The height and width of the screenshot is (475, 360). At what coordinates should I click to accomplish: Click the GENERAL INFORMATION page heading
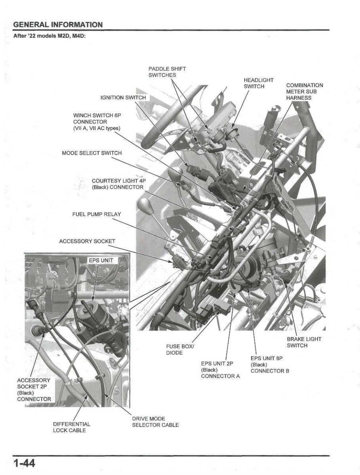(58, 25)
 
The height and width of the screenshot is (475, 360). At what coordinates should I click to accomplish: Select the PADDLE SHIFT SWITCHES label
(167, 72)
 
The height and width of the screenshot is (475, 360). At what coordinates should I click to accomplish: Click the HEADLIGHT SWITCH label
(258, 83)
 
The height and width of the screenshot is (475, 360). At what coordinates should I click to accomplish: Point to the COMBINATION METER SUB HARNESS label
(304, 91)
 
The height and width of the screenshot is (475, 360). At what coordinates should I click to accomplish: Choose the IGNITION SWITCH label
(123, 97)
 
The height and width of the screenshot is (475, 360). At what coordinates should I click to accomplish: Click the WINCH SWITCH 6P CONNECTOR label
(97, 122)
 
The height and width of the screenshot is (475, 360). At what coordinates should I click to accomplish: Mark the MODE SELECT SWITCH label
(92, 153)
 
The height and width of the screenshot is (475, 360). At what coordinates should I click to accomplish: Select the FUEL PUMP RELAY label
(97, 214)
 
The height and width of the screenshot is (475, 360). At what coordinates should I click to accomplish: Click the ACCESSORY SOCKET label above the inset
(87, 241)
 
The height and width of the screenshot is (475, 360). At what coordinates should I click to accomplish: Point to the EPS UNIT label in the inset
(100, 260)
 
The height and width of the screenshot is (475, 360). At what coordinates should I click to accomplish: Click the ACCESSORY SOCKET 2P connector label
(34, 389)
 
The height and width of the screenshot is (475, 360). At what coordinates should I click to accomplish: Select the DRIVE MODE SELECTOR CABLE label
(155, 422)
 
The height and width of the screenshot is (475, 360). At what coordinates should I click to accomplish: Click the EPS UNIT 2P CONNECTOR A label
(220, 370)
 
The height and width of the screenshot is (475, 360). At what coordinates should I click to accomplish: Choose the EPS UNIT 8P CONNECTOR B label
(270, 365)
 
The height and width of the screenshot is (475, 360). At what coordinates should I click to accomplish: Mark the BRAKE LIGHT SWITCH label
(304, 342)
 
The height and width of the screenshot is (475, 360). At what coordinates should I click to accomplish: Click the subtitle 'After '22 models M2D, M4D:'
(50, 36)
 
